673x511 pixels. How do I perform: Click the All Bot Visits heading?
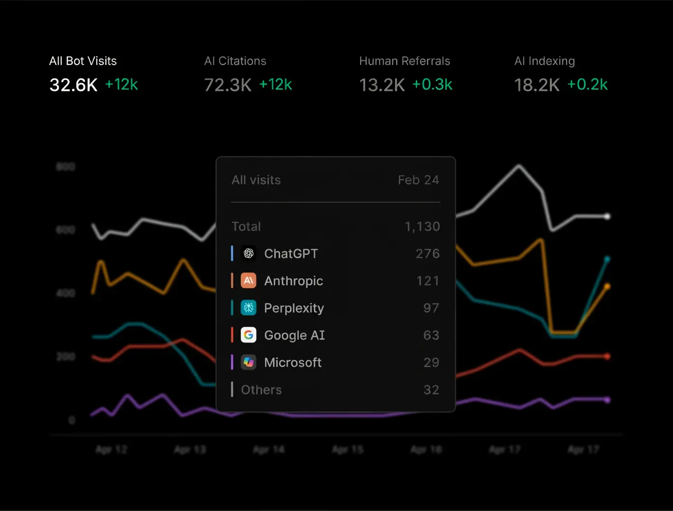83,61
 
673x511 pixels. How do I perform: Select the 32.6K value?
73,85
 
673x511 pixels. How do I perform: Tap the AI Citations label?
235,61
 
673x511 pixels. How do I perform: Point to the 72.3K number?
228,85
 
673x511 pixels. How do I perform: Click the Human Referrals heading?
404,61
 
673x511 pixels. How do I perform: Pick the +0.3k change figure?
432,85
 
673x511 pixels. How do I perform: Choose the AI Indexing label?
544,61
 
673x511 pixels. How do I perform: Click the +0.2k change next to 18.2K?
587,85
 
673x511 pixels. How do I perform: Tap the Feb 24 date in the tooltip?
418,180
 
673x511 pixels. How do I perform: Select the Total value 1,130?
422,226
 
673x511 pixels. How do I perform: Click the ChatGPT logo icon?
249,254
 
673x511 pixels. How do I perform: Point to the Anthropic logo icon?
249,281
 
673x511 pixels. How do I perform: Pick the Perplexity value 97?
431,308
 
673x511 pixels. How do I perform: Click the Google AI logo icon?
249,335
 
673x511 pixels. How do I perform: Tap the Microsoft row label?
293,362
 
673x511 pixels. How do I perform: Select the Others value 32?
431,390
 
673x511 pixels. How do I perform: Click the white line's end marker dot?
607,216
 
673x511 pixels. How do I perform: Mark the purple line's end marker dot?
607,400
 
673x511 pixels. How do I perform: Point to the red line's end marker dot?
607,357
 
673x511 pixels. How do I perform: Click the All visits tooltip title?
256,180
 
